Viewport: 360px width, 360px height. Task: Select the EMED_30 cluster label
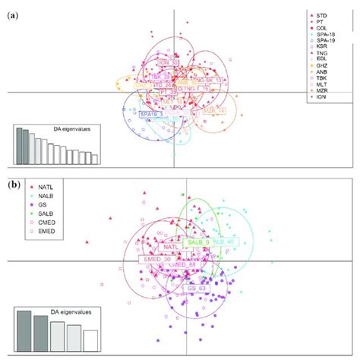click(x=157, y=259)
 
